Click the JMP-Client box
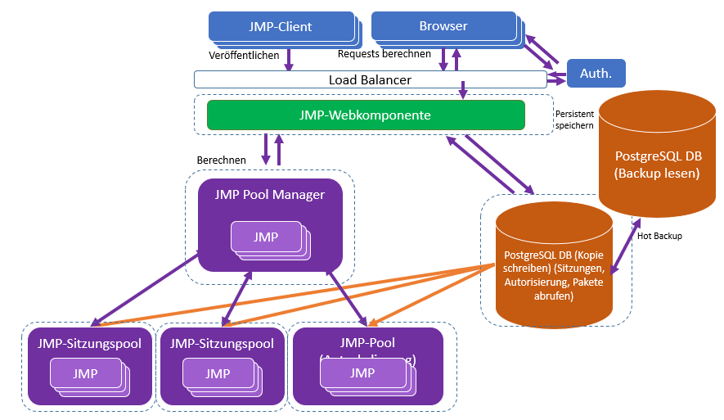click(281, 27)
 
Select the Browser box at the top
click(443, 26)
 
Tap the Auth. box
click(596, 74)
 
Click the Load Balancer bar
click(370, 79)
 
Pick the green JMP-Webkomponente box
click(366, 115)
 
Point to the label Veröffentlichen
click(244, 56)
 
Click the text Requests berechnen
click(384, 54)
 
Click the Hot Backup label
click(659, 236)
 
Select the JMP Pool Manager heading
click(269, 194)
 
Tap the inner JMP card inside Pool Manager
click(265, 237)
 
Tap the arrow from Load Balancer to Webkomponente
click(463, 90)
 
